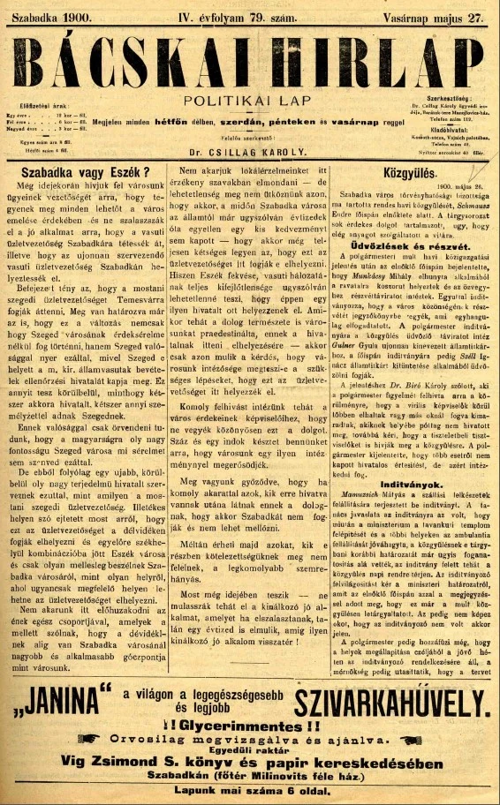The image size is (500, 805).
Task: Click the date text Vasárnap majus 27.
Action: point(436,16)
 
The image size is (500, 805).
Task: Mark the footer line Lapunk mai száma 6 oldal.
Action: point(250,794)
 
